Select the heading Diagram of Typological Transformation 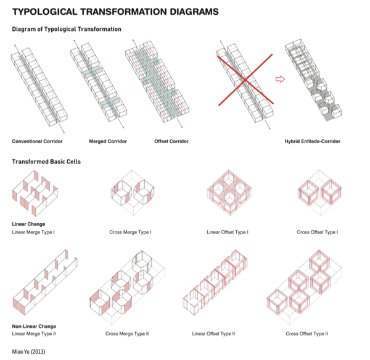(67, 29)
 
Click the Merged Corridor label (108, 141)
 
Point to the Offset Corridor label (171, 141)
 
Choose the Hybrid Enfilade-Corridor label (312, 141)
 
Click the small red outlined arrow (279, 79)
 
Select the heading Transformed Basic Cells (46, 162)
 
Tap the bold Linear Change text (28, 224)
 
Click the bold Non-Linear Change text (34, 325)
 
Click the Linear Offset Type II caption (214, 333)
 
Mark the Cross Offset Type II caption (306, 333)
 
